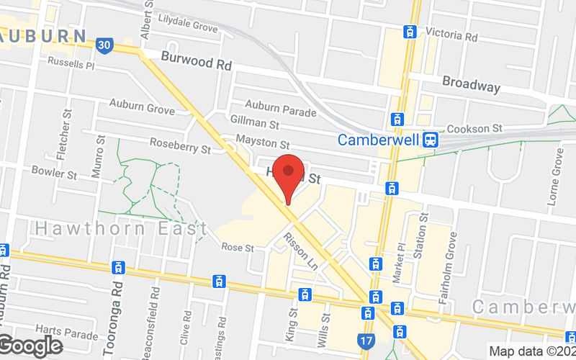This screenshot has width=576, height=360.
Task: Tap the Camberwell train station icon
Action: [x=430, y=139]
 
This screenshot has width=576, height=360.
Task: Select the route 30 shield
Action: [x=104, y=45]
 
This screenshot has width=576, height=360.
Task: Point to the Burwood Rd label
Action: [x=196, y=63]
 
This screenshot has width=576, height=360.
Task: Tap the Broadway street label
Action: [x=471, y=84]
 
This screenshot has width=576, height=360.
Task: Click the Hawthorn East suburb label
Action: [x=121, y=228]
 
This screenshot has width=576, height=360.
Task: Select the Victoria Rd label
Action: [x=451, y=35]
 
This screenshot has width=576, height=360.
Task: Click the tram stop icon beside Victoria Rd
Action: [x=410, y=32]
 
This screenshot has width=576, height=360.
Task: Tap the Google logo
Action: [x=30, y=346]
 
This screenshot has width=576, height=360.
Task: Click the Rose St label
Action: [x=238, y=247]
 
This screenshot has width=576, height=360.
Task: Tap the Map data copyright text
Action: [x=532, y=351]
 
